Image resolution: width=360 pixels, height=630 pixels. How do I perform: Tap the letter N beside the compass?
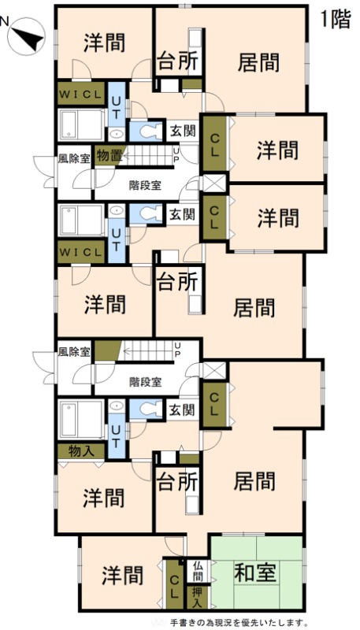point(4,21)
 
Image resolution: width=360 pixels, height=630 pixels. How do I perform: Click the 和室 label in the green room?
point(255,573)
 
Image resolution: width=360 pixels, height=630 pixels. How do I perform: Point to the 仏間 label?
point(197,570)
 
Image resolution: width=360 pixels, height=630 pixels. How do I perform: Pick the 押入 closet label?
point(197,596)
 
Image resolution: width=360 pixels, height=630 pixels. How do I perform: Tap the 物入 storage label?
point(81,451)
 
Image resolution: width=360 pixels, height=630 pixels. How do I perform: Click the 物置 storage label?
point(109,156)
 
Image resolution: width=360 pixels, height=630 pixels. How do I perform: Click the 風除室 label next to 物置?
point(74,158)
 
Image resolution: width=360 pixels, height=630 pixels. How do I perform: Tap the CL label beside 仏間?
point(174,581)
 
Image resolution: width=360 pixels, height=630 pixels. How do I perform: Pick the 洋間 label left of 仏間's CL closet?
point(122,575)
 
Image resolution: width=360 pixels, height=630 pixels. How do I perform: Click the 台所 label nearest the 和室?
point(177,482)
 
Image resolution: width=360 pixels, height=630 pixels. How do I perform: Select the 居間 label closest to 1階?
point(258,62)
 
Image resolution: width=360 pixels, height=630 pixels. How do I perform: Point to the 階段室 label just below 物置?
point(145,186)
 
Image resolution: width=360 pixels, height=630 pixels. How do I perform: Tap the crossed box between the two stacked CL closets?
point(214,183)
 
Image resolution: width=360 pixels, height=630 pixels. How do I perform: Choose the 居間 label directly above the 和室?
point(254,480)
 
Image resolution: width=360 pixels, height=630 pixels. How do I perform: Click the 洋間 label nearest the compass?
point(105,43)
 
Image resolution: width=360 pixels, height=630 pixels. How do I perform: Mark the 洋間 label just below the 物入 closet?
point(104,498)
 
